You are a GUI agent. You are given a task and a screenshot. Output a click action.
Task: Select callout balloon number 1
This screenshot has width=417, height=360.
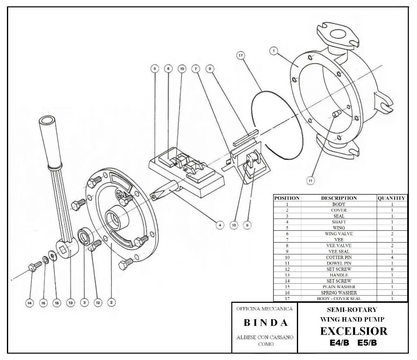[x=274, y=51]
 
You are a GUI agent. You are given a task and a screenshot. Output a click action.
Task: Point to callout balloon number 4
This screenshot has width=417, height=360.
[x=219, y=225]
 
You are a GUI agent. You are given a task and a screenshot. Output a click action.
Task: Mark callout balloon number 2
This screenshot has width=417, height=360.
[x=111, y=303]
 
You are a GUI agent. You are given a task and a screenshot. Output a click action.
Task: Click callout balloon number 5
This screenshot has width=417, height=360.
[x=154, y=69]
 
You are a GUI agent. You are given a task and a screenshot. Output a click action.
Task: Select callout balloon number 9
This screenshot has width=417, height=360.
[x=210, y=69]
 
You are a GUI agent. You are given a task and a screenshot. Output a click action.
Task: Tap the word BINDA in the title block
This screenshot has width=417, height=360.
[x=266, y=323]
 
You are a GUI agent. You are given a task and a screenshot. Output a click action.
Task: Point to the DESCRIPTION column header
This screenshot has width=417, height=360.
[x=338, y=198]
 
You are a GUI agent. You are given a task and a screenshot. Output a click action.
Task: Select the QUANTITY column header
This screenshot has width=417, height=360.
[x=391, y=198]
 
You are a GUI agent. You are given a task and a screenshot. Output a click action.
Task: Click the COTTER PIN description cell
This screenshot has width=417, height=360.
[x=338, y=257]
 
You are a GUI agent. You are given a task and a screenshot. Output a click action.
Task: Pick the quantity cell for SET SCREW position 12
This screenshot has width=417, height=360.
[x=391, y=269]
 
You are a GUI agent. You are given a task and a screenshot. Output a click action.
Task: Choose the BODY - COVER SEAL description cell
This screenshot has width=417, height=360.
[x=338, y=298]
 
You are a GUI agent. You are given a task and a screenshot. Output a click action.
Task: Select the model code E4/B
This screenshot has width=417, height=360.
[x=339, y=343]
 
